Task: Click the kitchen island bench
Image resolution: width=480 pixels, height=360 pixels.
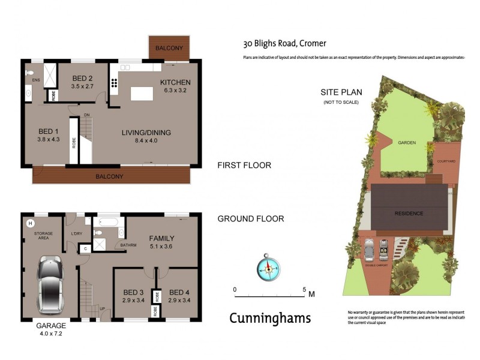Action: click(142, 93)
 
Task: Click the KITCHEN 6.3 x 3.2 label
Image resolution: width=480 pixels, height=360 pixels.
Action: click(175, 86)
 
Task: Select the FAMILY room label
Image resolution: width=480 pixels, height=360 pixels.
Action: click(162, 242)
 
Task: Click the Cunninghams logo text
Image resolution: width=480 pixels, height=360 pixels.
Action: click(270, 318)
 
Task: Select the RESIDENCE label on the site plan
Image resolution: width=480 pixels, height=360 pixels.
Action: click(409, 213)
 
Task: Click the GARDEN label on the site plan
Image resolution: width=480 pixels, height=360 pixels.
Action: click(407, 143)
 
